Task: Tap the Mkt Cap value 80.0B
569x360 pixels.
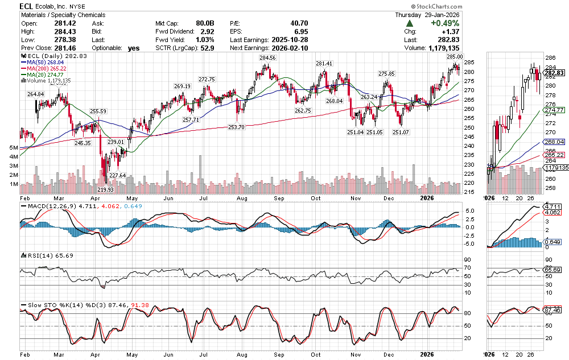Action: click(x=205, y=24)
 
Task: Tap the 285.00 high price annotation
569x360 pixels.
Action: click(x=455, y=57)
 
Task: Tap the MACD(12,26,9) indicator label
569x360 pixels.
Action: click(x=47, y=206)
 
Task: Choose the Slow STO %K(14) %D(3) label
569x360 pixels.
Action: click(x=62, y=305)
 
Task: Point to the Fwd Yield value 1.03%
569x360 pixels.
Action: click(x=204, y=40)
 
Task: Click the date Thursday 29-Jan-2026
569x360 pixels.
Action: click(x=428, y=15)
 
